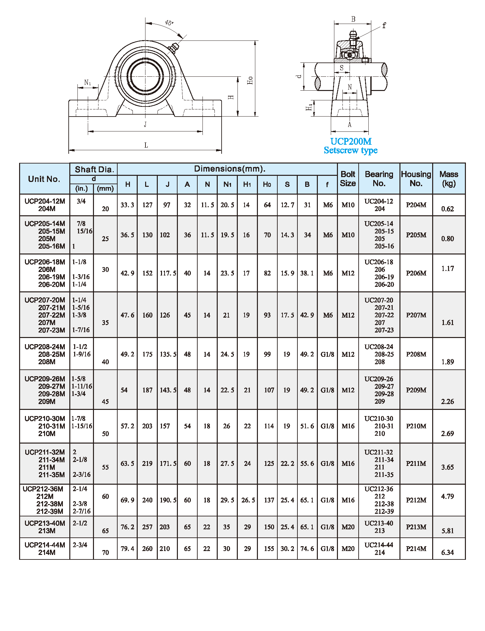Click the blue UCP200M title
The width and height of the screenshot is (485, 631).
(351, 141)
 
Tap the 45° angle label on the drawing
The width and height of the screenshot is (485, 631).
(169, 23)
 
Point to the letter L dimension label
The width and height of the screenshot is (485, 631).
(146, 145)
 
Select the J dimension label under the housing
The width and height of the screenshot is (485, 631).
(145, 124)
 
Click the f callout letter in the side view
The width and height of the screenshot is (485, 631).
(384, 26)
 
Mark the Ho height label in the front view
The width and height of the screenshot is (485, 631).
(250, 80)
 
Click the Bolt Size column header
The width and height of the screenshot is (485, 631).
(348, 179)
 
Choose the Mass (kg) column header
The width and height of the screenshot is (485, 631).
(449, 179)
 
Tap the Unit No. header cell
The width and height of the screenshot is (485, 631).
(44, 179)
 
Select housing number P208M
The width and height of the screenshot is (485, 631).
(416, 354)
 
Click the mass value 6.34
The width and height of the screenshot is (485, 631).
(447, 552)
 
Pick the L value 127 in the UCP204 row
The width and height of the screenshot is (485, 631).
(147, 205)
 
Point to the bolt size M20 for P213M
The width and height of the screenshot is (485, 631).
(348, 527)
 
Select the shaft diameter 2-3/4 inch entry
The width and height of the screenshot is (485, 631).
(80, 545)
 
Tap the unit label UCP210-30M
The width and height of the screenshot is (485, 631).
(45, 419)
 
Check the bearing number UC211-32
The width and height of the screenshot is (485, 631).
(378, 452)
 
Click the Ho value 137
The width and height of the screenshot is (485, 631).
(269, 500)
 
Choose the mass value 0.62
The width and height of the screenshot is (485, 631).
(447, 209)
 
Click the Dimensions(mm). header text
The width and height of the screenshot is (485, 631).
(230, 169)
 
